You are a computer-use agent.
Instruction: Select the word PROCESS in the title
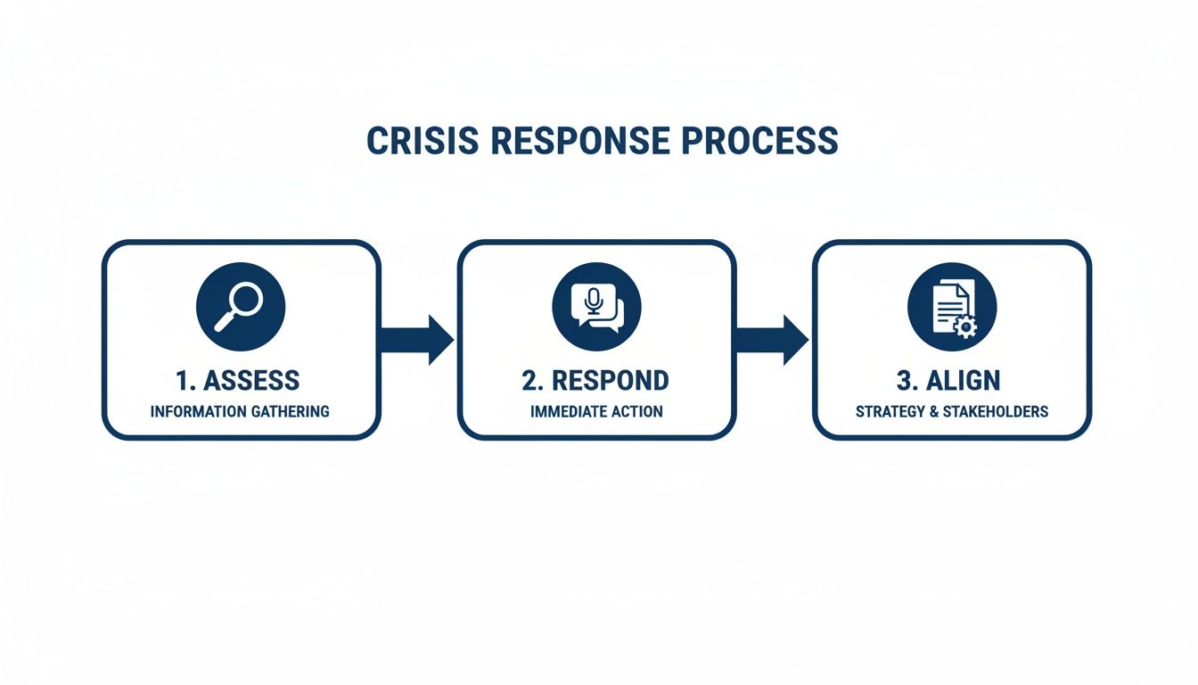click(773, 142)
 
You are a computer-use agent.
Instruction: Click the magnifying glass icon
click(241, 306)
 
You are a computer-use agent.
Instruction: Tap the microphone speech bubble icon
click(596, 306)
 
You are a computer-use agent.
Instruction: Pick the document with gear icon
click(952, 306)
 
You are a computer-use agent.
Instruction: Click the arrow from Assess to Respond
click(418, 340)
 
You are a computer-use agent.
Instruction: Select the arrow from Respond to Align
click(773, 340)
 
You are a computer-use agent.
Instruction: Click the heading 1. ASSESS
click(238, 380)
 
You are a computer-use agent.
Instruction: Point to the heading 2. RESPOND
click(595, 380)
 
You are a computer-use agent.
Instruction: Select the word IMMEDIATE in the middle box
click(568, 411)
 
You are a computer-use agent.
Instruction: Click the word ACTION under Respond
click(637, 411)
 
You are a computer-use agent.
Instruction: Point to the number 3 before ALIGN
click(903, 380)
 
